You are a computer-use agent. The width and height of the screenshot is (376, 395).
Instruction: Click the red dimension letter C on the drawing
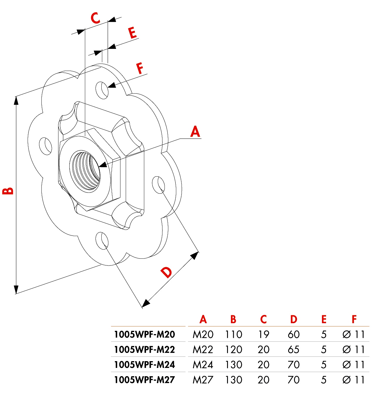pyautogui.click(x=95, y=18)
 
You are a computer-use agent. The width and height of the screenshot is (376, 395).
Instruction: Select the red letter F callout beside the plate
pyautogui.click(x=140, y=68)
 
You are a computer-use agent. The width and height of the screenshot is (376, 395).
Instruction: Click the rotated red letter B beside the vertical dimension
pyautogui.click(x=8, y=191)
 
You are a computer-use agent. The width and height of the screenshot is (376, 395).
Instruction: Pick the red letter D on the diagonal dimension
pyautogui.click(x=167, y=273)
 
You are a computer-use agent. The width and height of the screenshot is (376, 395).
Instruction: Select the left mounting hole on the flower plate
pyautogui.click(x=46, y=145)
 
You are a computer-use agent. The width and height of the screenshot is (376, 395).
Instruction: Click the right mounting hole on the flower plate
pyautogui.click(x=158, y=185)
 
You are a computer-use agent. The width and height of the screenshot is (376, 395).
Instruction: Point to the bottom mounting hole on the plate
pyautogui.click(x=102, y=240)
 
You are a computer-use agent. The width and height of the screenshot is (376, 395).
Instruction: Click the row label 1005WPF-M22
pyautogui.click(x=145, y=349)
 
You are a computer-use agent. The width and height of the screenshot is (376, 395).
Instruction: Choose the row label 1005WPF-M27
pyautogui.click(x=145, y=380)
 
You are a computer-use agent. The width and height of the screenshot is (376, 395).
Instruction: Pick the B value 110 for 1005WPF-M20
pyautogui.click(x=234, y=334)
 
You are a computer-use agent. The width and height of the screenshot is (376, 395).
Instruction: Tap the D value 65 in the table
pyautogui.click(x=293, y=349)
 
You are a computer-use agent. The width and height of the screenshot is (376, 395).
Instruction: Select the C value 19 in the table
pyautogui.click(x=263, y=334)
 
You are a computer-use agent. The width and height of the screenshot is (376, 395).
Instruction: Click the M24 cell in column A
pyautogui.click(x=203, y=365)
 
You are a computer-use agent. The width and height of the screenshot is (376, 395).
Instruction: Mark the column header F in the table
pyautogui.click(x=354, y=319)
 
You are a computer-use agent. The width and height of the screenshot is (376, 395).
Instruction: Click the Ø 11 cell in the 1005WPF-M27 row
pyautogui.click(x=353, y=380)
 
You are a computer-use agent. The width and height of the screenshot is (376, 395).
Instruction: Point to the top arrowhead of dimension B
pyautogui.click(x=16, y=100)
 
